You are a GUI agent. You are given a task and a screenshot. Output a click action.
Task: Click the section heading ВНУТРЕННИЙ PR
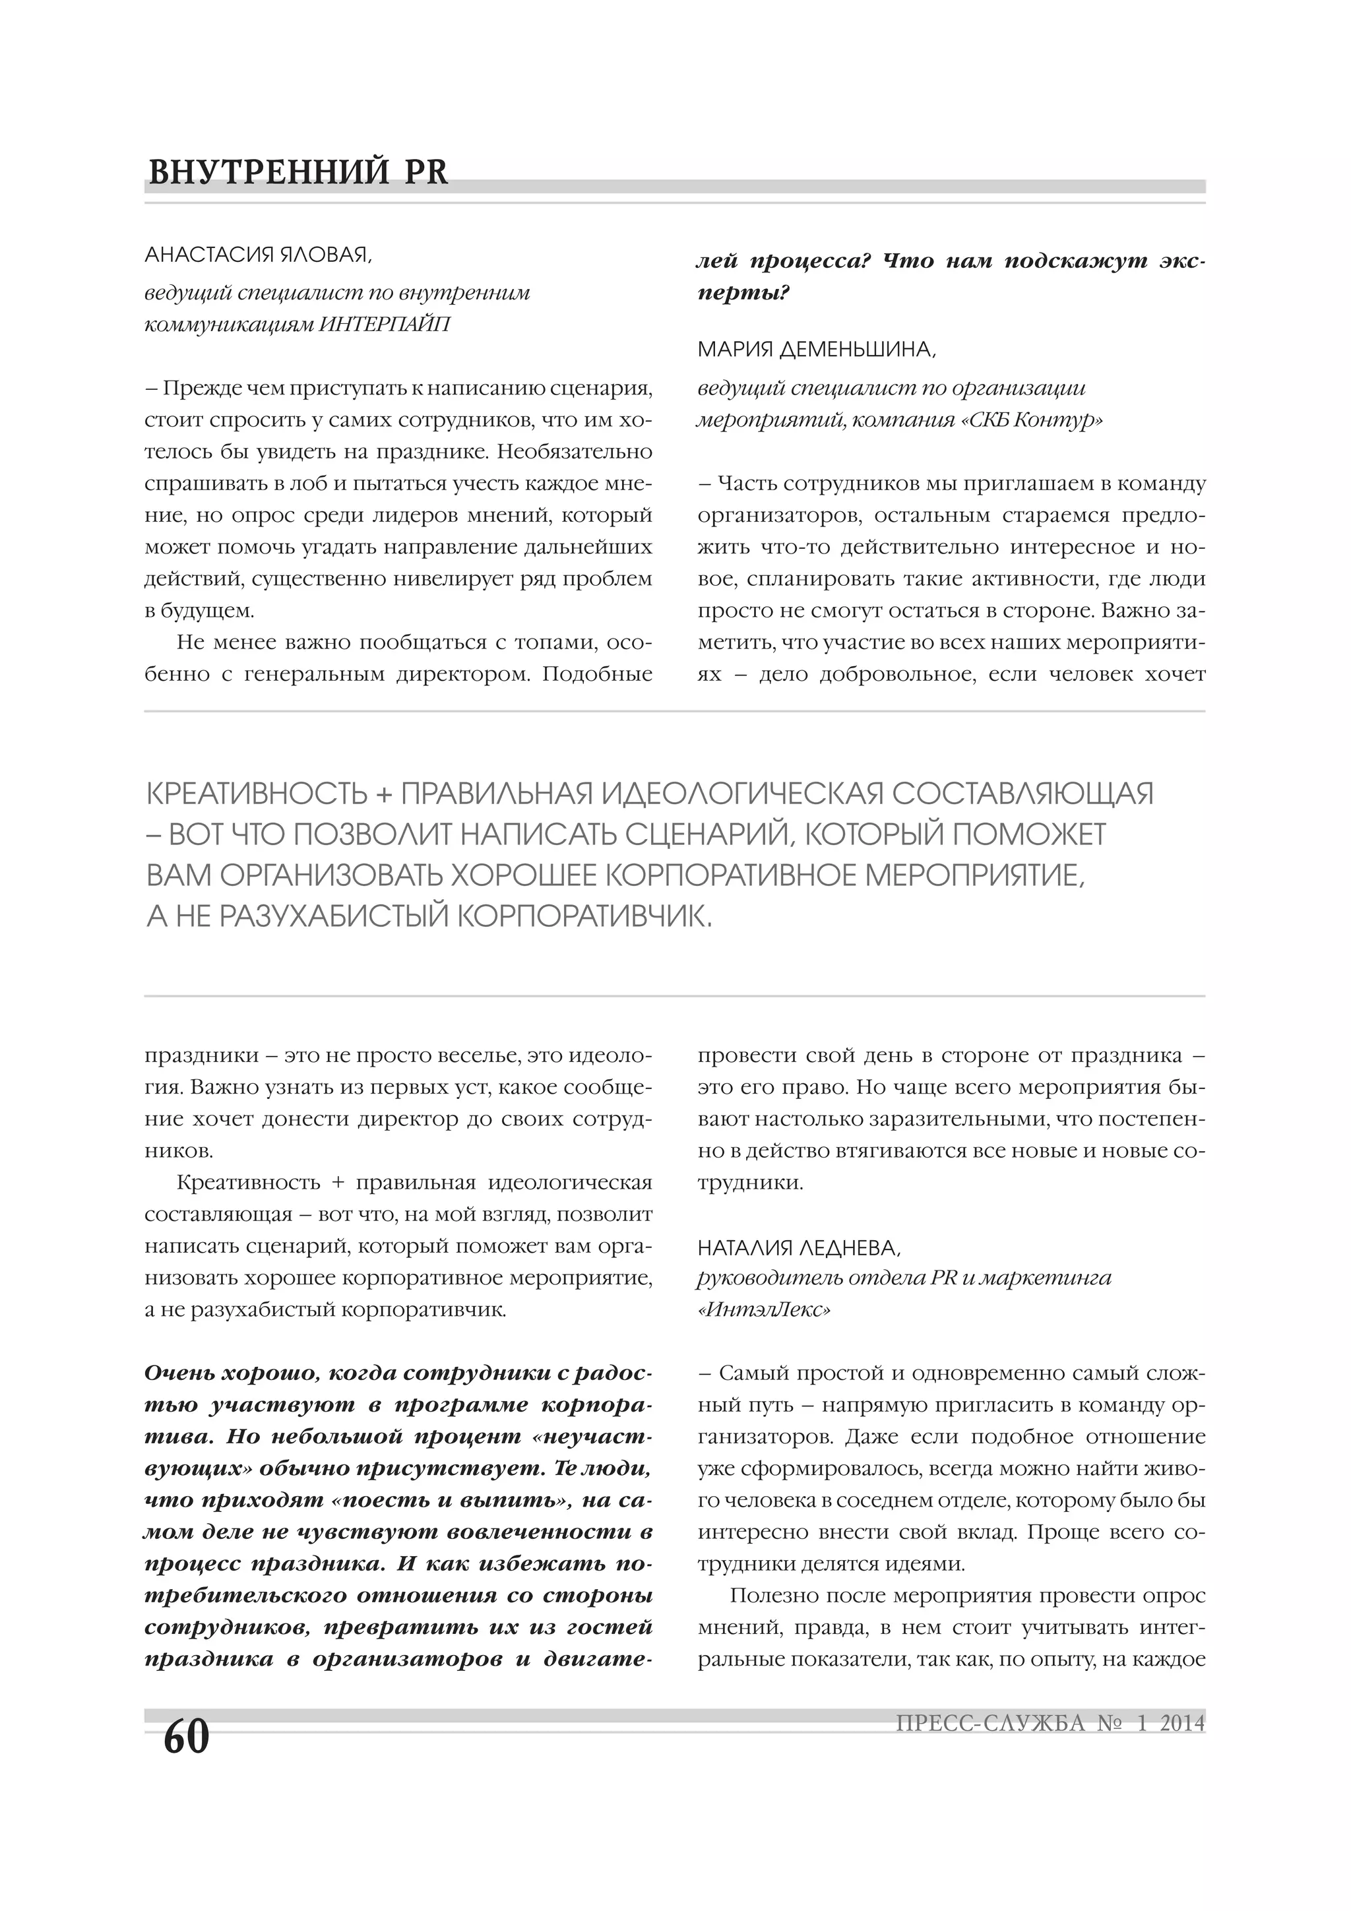click(x=298, y=172)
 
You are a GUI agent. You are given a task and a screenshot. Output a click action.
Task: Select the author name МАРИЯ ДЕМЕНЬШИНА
click(x=816, y=350)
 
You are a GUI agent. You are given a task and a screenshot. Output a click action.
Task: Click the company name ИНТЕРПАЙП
click(x=385, y=325)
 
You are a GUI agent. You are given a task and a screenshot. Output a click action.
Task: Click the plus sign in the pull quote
click(x=383, y=795)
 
